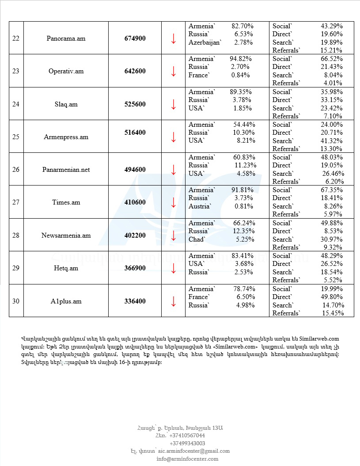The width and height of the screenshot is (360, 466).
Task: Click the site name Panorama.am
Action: tap(66, 38)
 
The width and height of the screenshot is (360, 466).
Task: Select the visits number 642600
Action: tap(135, 71)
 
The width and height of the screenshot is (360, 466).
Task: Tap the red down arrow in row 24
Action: tap(174, 104)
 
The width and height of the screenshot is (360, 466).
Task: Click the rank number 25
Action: tap(16, 137)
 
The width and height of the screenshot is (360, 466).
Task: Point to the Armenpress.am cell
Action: tap(66, 137)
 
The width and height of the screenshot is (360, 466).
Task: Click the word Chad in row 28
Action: tap(197, 239)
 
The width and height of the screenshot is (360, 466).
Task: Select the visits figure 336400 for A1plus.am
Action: tap(135, 301)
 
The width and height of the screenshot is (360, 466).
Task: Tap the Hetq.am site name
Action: tap(66, 269)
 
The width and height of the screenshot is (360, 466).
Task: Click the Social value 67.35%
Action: tap(331, 190)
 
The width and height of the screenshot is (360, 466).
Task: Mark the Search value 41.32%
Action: tap(331, 141)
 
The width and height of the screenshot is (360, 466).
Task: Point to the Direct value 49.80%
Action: tap(331, 297)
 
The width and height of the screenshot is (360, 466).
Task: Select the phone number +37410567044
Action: tap(187, 435)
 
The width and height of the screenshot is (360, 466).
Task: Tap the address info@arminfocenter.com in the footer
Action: tap(187, 459)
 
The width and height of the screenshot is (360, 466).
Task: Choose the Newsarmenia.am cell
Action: tap(66, 235)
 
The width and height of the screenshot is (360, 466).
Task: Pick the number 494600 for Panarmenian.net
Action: tap(135, 170)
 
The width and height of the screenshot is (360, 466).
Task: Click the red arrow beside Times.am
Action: tap(174, 202)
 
